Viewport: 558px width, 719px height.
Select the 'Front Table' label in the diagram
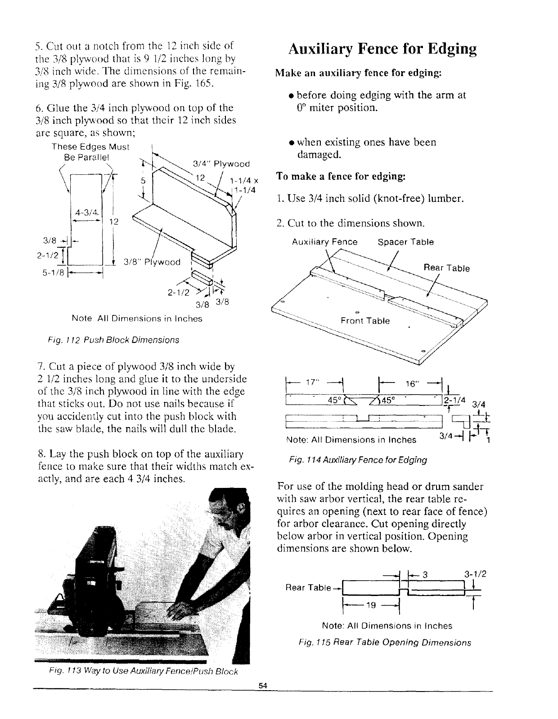[365, 321]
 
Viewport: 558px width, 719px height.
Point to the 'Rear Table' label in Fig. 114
[447, 268]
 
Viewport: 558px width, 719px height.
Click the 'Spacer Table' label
[405, 242]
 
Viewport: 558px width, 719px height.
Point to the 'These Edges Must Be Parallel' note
[90, 152]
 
